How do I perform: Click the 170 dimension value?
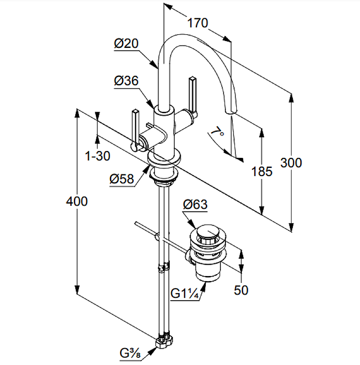[198, 22]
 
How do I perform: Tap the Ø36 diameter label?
[126, 81]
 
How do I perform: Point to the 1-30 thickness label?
[98, 156]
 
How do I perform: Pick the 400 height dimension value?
[77, 201]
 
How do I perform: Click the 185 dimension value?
[262, 172]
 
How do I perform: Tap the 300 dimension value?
[291, 162]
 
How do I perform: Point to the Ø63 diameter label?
[195, 205]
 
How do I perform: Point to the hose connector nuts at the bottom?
[164, 341]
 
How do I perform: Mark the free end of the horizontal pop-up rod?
[137, 223]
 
